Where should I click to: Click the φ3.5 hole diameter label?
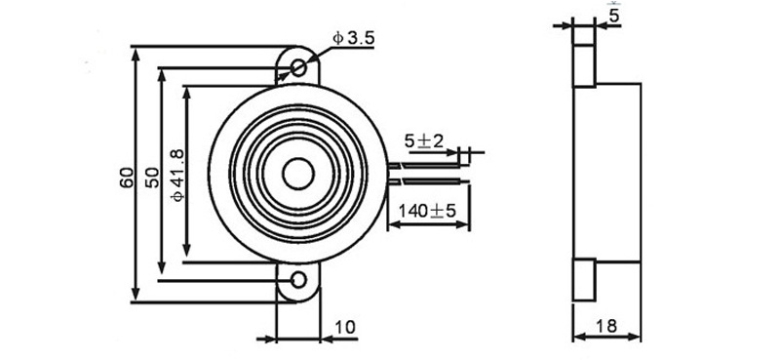coord(353,38)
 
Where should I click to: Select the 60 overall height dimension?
coord(127,178)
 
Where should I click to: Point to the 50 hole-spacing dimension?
coord(153,178)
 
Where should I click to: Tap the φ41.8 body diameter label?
coord(177,176)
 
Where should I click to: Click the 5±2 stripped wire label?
coord(423,141)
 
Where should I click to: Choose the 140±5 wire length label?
coord(427,211)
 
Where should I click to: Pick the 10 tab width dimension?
coord(345,327)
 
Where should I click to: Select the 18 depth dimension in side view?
coord(606,326)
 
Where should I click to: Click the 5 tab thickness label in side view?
coord(615,17)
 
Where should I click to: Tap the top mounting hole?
coord(298,67)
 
